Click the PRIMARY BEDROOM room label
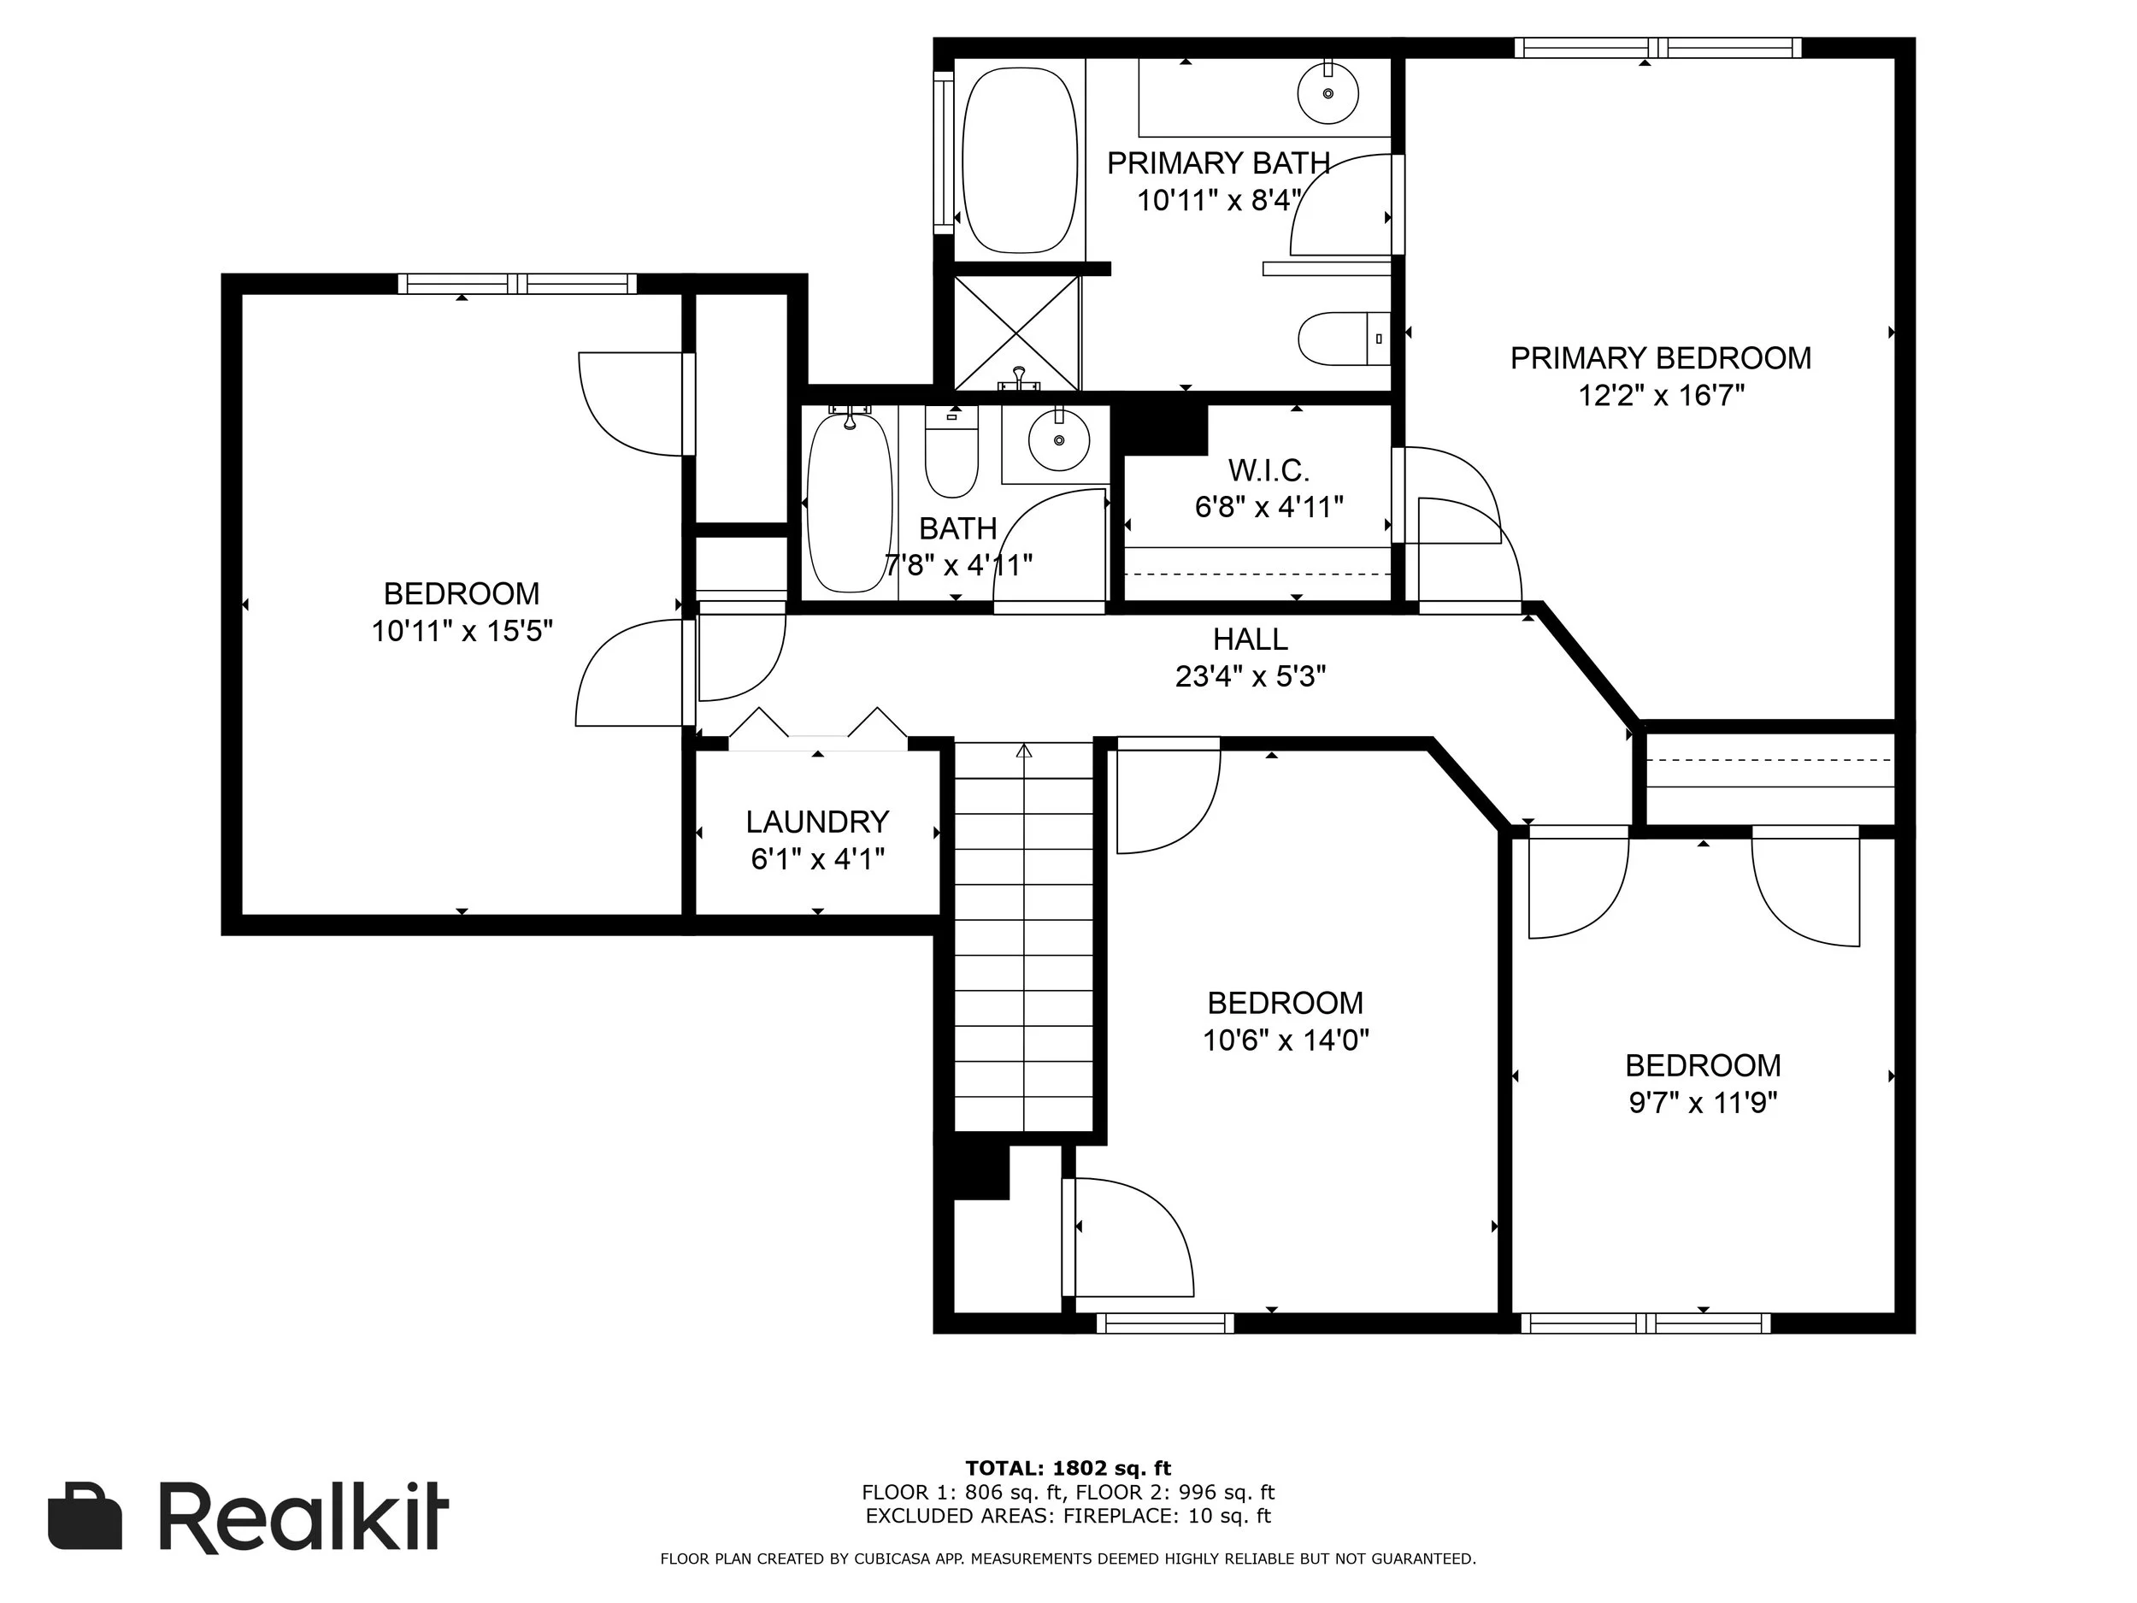coord(1660,358)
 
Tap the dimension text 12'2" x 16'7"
coord(1661,395)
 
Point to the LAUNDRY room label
coord(817,822)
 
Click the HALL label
coord(1250,639)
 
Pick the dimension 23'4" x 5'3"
coord(1250,676)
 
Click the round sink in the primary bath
coord(1328,91)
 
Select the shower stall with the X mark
coord(1016,333)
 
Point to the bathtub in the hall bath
coord(849,503)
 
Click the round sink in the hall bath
coord(1059,439)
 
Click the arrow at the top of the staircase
coord(1024,750)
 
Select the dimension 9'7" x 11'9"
coord(1704,1103)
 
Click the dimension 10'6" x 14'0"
coord(1286,1040)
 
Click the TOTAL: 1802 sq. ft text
coord(1068,1470)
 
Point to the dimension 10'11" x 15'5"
coord(462,631)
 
